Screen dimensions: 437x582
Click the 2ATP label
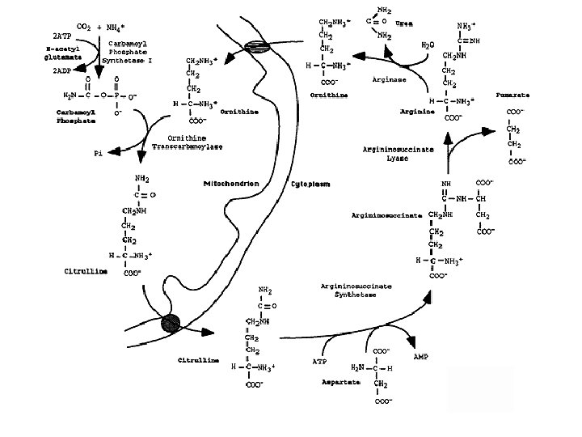click(x=61, y=37)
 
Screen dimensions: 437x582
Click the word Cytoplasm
click(x=310, y=184)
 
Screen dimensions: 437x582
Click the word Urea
click(x=405, y=23)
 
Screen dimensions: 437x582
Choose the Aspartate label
click(x=341, y=380)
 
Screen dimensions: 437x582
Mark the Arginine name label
click(x=416, y=112)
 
